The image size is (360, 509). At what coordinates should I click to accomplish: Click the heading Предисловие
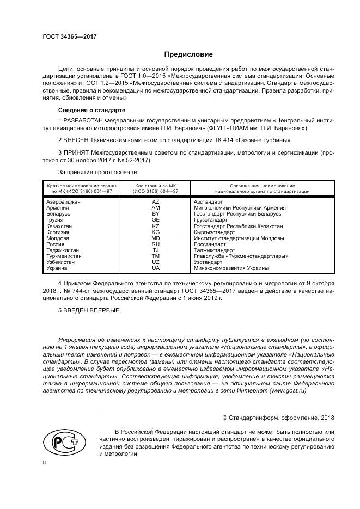tap(188, 54)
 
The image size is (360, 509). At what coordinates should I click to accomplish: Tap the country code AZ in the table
tap(155, 201)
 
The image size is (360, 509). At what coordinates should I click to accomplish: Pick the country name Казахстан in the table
tap(60, 226)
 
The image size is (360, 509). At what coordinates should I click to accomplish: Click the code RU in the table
tap(155, 244)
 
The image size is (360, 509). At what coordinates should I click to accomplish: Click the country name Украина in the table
tap(57, 268)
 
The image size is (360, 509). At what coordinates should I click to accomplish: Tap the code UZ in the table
tap(155, 262)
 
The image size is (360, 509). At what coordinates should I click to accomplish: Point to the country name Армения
tap(58, 208)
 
